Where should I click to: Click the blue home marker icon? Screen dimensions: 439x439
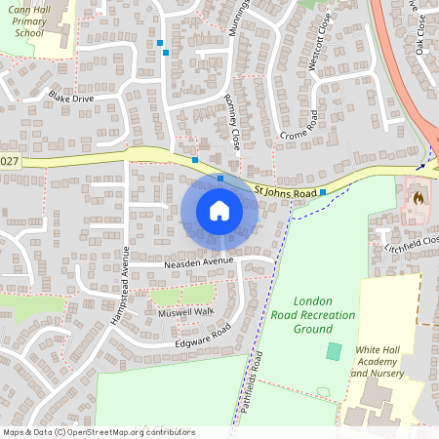[219, 211]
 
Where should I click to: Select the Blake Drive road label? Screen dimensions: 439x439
[71, 98]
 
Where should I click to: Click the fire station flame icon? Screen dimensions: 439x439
[418, 196]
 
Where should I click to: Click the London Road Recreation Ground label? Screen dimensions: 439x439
[313, 315]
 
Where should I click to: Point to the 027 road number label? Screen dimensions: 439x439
[9, 161]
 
